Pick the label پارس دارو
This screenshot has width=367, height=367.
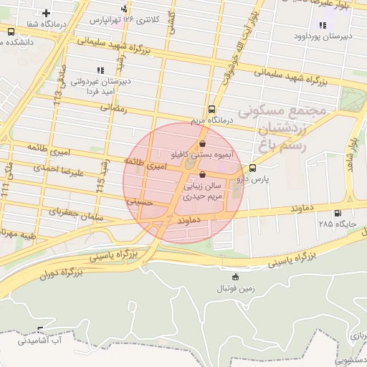coord(271,179)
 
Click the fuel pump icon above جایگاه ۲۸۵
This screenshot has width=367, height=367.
coord(338,213)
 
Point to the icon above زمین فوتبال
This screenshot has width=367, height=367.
coord(235,277)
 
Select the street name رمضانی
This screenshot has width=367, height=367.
coord(114,108)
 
